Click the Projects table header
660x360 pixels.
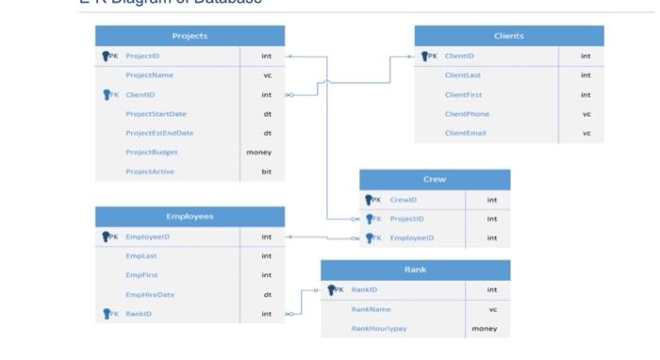coord(190,36)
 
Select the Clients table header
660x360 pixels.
coord(508,36)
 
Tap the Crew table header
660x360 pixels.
coord(435,179)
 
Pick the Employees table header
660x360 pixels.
coord(190,217)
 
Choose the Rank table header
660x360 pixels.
coord(415,270)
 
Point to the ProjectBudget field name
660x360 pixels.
coord(151,152)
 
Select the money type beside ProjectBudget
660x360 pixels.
coord(259,152)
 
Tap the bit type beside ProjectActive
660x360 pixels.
coord(266,172)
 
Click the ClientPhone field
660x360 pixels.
coord(466,114)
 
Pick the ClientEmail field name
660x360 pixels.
coord(465,133)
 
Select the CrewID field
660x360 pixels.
coord(403,200)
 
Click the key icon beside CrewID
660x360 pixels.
coord(369,200)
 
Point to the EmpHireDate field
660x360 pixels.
coord(150,294)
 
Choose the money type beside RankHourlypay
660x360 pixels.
coord(485,329)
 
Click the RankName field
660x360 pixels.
coord(371,309)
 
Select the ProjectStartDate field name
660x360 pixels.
coord(156,114)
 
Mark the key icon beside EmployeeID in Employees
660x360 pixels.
coord(106,237)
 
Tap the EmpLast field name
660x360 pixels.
coord(140,255)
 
